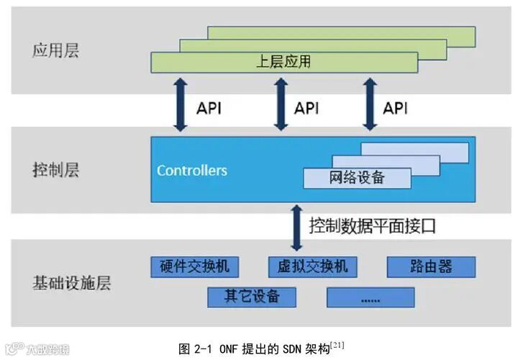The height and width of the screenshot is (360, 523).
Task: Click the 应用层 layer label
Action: pos(55,51)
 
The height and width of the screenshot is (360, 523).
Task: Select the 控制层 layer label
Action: pos(55,171)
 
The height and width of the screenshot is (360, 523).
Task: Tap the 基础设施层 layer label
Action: pos(71,282)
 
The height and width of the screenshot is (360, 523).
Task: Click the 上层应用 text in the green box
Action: pos(283,62)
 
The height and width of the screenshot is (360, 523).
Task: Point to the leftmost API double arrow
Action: pos(180,104)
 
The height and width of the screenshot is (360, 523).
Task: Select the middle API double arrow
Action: pos(281,104)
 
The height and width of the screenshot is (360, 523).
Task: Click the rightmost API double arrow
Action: pos(370,104)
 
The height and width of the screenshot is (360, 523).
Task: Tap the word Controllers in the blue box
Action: pos(192,171)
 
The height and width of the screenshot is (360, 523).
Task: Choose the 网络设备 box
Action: pos(357,178)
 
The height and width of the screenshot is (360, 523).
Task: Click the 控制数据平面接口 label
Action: pos(373,225)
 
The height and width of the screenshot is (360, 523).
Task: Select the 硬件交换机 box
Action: pos(194,267)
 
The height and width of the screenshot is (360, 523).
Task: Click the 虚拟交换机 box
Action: pos(312,267)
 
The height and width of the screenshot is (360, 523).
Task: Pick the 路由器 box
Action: pos(431,267)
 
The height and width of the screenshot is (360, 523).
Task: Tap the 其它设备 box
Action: pos(252,296)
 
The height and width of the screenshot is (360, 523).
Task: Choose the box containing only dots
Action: pos(370,297)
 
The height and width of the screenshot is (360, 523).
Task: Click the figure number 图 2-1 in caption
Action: pos(194,349)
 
